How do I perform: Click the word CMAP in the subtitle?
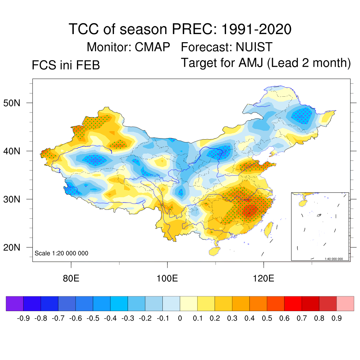[153, 47]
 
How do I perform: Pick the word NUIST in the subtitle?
[254, 47]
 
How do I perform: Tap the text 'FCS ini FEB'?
[66, 65]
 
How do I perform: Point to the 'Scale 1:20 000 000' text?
[62, 253]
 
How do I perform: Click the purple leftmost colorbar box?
[15, 303]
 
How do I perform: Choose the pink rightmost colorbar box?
[345, 303]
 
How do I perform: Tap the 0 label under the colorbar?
[180, 319]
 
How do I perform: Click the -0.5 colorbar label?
[93, 319]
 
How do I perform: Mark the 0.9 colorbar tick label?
[337, 319]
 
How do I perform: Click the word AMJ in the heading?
[250, 63]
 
